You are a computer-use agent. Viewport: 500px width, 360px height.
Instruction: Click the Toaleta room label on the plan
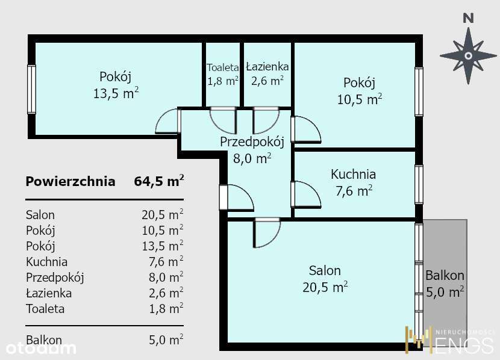pos(222,67)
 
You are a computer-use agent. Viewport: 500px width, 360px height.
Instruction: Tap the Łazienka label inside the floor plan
pos(267,67)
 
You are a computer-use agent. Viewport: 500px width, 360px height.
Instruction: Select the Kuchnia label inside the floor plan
pos(354,174)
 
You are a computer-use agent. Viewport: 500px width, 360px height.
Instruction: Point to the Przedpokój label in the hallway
pos(252,141)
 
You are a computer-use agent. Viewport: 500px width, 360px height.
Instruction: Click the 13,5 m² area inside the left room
pos(116,93)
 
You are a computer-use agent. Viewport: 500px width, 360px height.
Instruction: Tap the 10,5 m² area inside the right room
pos(360,99)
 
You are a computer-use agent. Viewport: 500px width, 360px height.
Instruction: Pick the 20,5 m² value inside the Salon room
pos(325,287)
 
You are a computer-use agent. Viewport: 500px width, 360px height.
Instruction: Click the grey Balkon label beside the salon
pos(445,276)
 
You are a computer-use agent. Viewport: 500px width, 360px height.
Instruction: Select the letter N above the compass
pos(468,19)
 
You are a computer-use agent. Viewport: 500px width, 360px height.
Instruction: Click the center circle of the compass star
pos(468,56)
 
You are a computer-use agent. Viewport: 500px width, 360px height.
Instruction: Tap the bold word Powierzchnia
pos(70,181)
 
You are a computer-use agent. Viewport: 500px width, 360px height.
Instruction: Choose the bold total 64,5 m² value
pos(159,181)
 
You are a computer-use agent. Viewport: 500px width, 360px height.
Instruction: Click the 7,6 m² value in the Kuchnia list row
pos(166,261)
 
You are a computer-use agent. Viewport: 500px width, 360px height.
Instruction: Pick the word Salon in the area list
pos(40,215)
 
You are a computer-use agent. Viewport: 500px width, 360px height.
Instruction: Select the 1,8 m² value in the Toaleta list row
pos(166,308)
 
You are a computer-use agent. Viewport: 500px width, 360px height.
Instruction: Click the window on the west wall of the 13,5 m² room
pos(31,89)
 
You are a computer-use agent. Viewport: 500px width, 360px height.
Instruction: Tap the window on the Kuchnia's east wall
pos(419,184)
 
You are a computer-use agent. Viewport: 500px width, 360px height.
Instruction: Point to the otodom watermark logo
pos(40,348)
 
